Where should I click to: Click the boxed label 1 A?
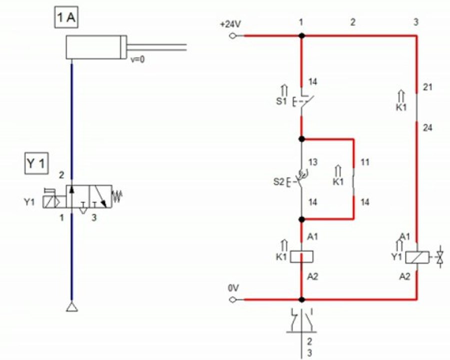pyautogui.click(x=66, y=17)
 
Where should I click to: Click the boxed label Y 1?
pyautogui.click(x=36, y=163)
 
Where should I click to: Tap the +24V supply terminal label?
pyautogui.click(x=230, y=24)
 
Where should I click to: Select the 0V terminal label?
pyautogui.click(x=233, y=288)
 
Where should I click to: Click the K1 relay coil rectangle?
pyautogui.click(x=301, y=256)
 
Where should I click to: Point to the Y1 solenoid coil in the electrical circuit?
pyautogui.click(x=417, y=257)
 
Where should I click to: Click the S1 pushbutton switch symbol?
pyautogui.click(x=303, y=100)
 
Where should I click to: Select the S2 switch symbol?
pyautogui.click(x=298, y=181)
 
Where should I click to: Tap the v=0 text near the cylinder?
pyautogui.click(x=137, y=59)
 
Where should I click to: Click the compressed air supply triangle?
pyautogui.click(x=71, y=307)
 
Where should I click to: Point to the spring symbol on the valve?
pyautogui.click(x=117, y=196)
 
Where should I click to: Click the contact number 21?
pyautogui.click(x=427, y=87)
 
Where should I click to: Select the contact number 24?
pyautogui.click(x=427, y=128)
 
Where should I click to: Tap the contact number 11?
pyautogui.click(x=364, y=162)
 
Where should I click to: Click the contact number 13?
pyautogui.click(x=313, y=162)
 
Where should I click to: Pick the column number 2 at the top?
pyautogui.click(x=352, y=22)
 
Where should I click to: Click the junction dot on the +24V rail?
pyautogui.click(x=301, y=36)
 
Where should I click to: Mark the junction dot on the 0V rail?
pyautogui.click(x=301, y=299)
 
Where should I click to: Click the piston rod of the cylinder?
pyautogui.click(x=156, y=47)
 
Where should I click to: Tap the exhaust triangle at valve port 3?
pyautogui.click(x=83, y=210)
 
